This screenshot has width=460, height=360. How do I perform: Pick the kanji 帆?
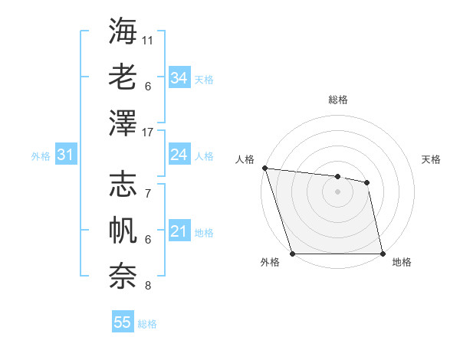tap(123, 231)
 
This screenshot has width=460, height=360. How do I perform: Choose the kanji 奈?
tap(123, 277)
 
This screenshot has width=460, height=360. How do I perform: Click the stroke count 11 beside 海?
tap(148, 39)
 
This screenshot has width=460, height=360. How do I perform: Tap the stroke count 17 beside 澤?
tap(148, 133)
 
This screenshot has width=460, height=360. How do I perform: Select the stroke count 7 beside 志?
tap(148, 193)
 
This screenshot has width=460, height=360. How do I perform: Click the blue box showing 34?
tap(179, 78)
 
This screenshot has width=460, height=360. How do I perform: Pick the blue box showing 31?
tap(65, 155)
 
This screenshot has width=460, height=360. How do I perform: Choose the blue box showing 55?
tap(123, 322)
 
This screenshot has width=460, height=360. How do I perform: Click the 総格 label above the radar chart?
tap(338, 100)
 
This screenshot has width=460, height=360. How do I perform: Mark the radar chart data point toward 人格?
tap(264, 168)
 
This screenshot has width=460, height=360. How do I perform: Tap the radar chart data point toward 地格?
tap(383, 254)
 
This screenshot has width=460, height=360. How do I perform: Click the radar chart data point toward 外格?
tap(292, 254)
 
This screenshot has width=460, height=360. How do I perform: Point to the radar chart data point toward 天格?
tap(367, 182)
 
